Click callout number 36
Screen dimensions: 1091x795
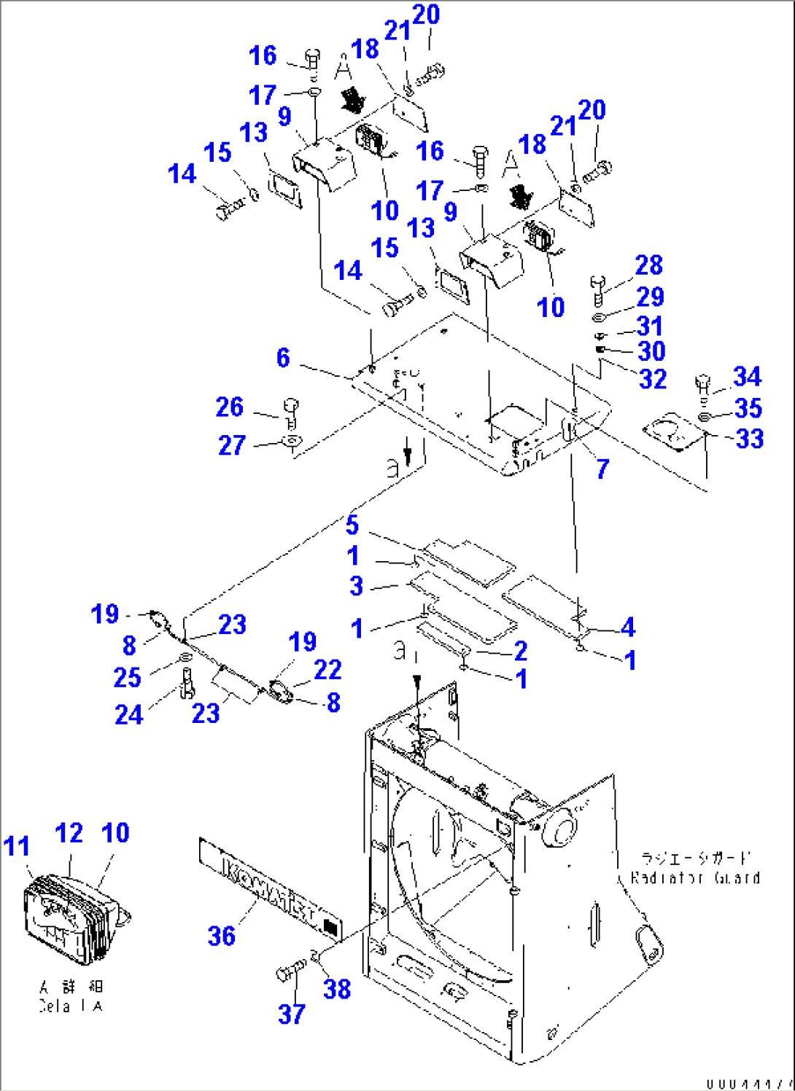221,935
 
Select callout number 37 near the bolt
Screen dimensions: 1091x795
291,1013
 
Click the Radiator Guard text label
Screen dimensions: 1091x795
694,877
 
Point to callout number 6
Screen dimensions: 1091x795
283,358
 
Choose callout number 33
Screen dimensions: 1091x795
750,439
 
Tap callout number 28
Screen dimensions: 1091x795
648,265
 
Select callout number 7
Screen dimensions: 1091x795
602,469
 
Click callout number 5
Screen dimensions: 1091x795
352,525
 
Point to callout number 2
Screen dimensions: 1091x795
521,650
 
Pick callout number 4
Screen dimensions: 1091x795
628,626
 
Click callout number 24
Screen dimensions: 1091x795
128,715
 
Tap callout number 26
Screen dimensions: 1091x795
229,407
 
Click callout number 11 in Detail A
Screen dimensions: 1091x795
17,846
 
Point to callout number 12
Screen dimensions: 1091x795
69,833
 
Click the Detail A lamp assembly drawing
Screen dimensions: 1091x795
69,918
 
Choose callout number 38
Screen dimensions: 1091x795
336,989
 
